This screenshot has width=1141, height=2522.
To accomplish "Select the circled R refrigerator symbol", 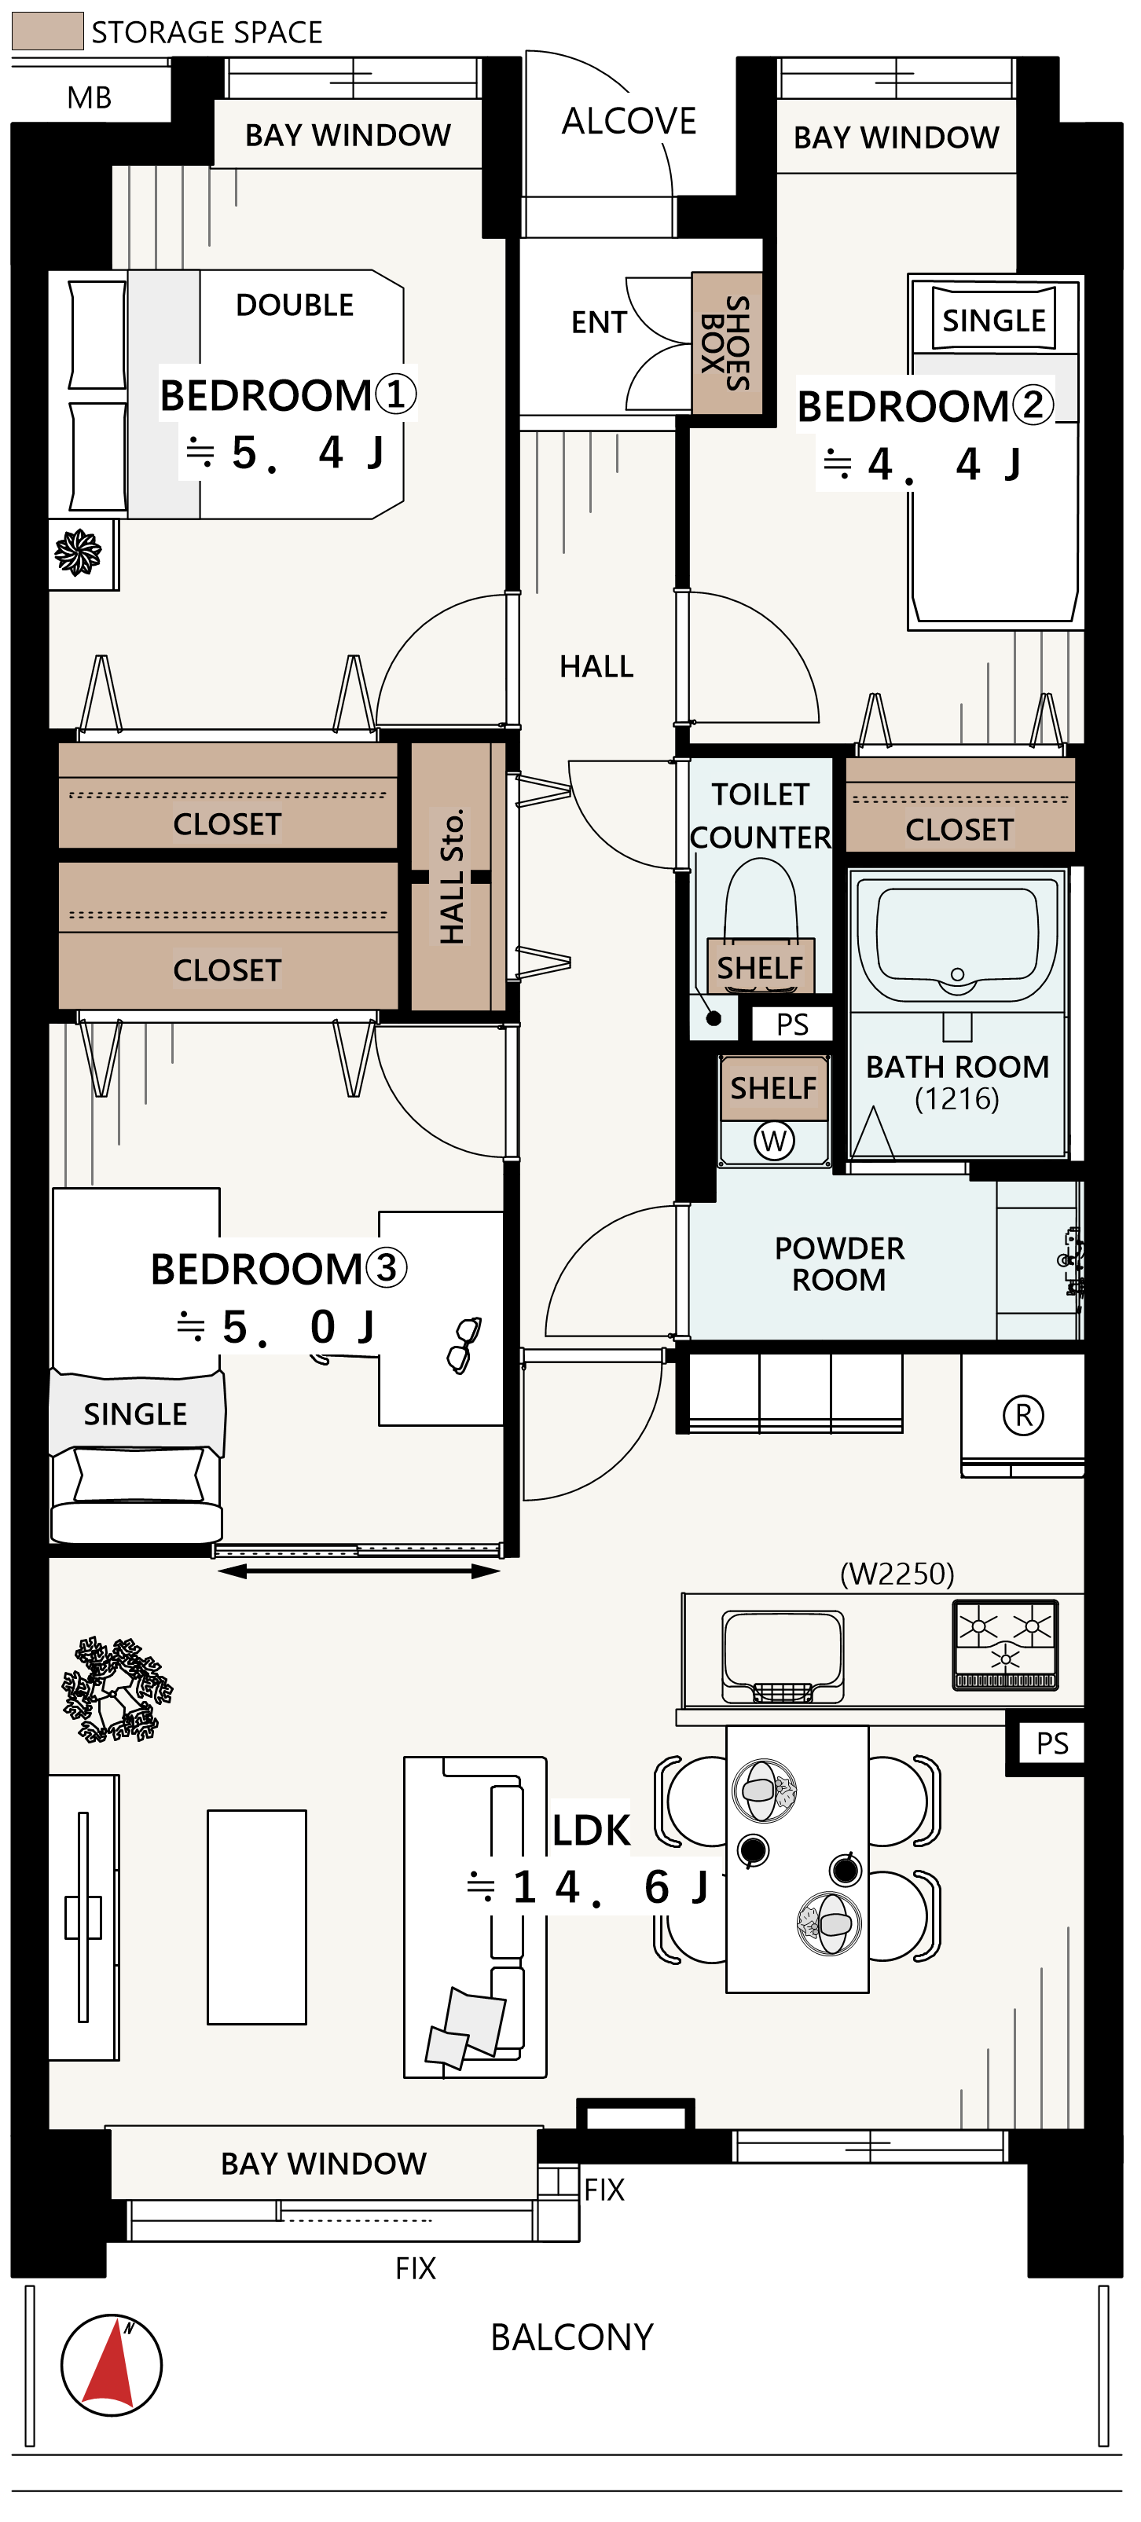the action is click(1023, 1415).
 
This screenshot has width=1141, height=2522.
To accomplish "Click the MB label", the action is click(89, 98).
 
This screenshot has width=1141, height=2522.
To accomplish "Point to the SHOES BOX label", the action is click(726, 343).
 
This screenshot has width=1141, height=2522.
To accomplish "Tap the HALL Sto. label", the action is click(452, 876).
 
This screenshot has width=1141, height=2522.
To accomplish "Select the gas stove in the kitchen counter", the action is click(1005, 1644).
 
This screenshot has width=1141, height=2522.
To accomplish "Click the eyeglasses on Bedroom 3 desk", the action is click(464, 1344).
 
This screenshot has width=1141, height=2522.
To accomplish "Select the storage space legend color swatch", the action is click(47, 31).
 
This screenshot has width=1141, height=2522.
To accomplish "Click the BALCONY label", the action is click(572, 2337).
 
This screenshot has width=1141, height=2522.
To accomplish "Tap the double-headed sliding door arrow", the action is click(358, 1571).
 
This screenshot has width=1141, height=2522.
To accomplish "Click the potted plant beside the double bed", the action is click(79, 552).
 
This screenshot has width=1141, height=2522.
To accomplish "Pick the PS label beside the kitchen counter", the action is click(1053, 1743).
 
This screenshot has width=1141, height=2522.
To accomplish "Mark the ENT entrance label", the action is click(599, 322).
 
